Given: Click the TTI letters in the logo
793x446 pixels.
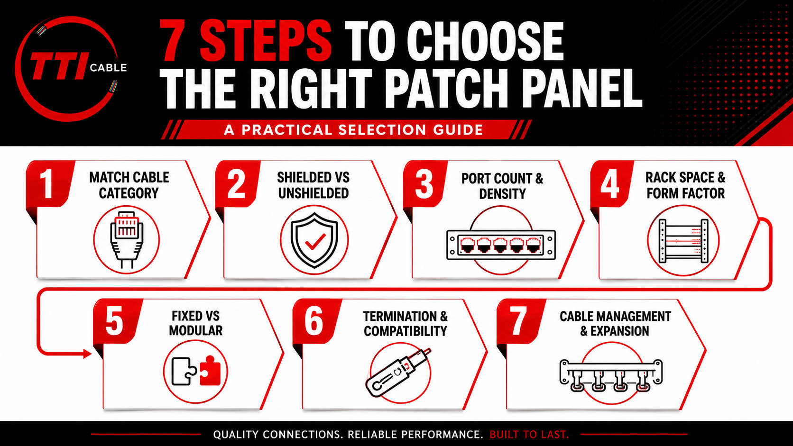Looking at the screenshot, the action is (x=58, y=66).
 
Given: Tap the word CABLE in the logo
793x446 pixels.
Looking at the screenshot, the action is (x=108, y=68).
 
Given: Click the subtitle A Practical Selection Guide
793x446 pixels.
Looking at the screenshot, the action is (x=353, y=130).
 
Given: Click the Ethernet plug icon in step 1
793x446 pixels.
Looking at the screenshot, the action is (x=126, y=239).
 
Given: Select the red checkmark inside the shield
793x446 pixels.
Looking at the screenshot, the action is (x=315, y=242).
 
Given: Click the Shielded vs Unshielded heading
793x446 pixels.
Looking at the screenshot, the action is (x=314, y=185).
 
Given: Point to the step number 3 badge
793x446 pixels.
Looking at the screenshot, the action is (x=424, y=184).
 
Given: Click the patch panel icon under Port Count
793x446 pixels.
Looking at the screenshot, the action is (x=501, y=245).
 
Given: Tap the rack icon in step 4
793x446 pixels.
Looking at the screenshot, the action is (x=683, y=241).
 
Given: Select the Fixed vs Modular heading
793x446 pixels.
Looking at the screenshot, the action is (x=196, y=323).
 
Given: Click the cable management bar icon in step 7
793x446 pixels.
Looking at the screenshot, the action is (x=611, y=375).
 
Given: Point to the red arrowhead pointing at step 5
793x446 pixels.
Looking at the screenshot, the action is (x=87, y=353).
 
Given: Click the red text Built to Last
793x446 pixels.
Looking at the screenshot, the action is (x=529, y=434).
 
